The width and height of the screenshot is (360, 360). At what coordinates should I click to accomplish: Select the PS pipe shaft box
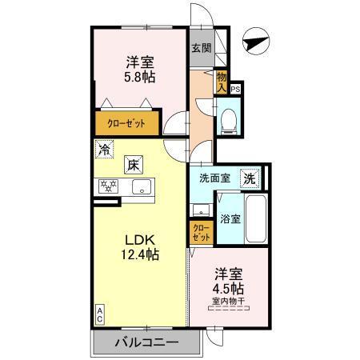click(235, 90)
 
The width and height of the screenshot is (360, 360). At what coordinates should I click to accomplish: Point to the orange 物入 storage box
click(222, 80)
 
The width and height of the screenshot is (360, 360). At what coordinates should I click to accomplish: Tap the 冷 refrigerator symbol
click(104, 148)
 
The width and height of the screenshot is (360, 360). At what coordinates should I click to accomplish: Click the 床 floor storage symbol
click(133, 166)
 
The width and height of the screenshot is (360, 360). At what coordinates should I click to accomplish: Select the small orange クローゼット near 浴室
click(201, 234)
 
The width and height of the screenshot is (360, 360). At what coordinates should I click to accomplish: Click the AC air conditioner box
click(101, 314)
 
